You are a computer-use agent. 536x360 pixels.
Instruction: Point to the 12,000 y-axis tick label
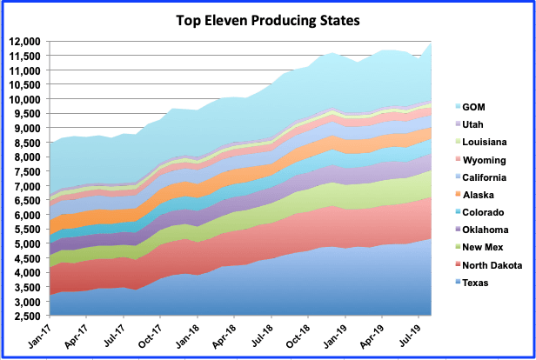24,41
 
